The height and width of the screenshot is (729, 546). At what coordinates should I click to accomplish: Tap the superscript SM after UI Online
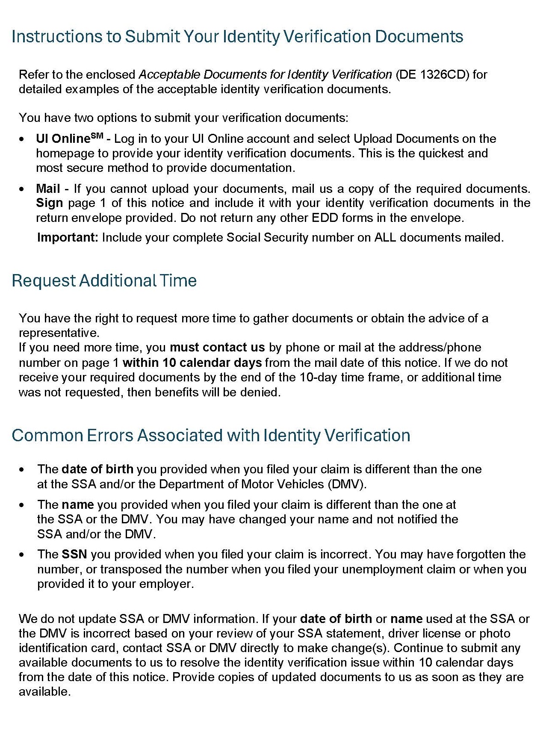(97, 136)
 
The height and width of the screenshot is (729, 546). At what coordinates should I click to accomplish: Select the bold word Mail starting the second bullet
(48, 189)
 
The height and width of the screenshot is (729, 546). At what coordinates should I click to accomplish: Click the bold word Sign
(49, 203)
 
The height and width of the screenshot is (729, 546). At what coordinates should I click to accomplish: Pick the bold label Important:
(68, 238)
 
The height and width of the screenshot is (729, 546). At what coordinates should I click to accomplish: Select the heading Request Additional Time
(104, 281)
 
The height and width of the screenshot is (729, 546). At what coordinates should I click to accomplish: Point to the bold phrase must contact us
(217, 347)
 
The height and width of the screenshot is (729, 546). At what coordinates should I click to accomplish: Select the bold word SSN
(74, 555)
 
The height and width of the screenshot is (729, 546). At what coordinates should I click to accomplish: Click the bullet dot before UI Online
(22, 139)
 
